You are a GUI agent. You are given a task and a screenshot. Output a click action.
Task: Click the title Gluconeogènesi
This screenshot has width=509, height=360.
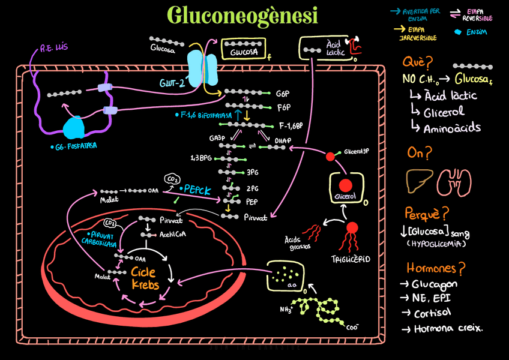click(x=242, y=16)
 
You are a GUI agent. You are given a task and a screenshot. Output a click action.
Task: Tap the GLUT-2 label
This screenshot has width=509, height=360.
click(x=172, y=82)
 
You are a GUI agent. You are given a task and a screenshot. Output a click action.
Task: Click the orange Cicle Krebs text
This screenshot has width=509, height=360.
click(x=145, y=278)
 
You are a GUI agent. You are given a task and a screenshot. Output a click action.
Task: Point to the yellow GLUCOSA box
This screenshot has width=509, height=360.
click(x=244, y=52)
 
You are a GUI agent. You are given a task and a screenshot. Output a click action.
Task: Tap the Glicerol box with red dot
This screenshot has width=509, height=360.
click(x=345, y=188)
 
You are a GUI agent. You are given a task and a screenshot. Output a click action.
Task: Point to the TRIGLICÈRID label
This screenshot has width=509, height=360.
click(x=351, y=259)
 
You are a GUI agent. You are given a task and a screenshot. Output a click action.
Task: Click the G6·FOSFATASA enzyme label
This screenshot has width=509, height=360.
click(x=74, y=146)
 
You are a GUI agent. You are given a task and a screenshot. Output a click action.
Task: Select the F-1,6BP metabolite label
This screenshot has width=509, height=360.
click(x=291, y=126)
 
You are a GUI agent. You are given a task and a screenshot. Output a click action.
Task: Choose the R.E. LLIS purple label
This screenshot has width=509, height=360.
click(x=53, y=48)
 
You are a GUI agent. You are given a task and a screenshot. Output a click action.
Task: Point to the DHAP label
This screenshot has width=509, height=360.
click(x=283, y=142)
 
